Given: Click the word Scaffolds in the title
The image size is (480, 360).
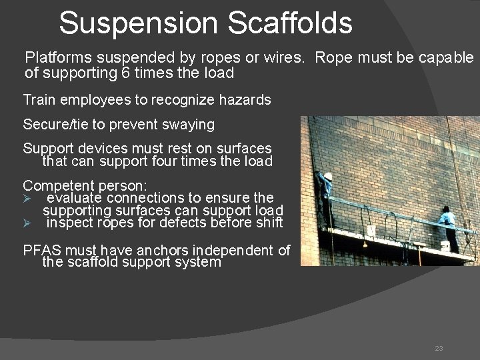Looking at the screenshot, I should (x=290, y=23).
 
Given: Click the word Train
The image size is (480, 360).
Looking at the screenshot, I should (x=38, y=100).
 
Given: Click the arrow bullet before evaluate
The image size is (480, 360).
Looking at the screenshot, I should (x=28, y=198).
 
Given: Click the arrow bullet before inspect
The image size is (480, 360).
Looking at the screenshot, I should (x=28, y=223).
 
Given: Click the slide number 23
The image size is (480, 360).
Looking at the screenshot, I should (x=439, y=348).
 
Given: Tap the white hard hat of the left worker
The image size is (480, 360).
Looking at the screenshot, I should (x=327, y=177).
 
